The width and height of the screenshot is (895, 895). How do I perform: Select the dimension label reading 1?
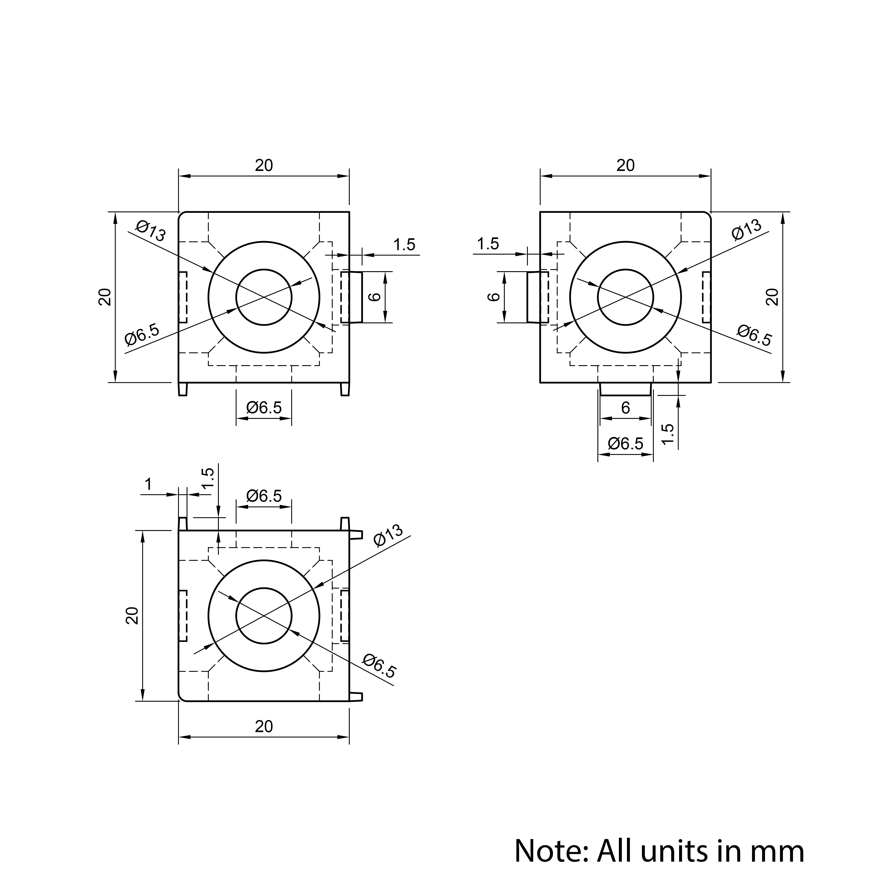click(x=148, y=485)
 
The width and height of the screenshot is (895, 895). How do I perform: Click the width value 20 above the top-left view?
click(x=264, y=165)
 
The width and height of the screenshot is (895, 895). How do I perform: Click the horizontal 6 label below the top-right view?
click(x=625, y=408)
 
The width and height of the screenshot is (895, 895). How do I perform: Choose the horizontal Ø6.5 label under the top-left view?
click(x=264, y=408)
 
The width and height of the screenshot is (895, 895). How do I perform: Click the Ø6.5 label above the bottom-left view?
click(x=264, y=496)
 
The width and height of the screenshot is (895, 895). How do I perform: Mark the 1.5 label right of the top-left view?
click(x=404, y=245)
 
